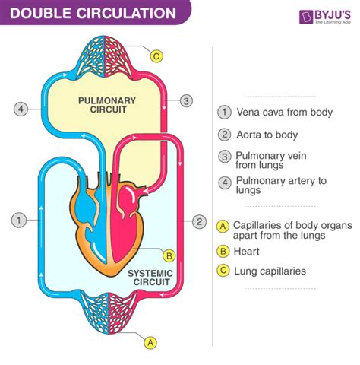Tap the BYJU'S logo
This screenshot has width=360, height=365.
pos(325,17)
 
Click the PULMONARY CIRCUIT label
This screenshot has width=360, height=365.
pos(107,104)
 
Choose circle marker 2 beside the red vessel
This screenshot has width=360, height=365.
pos(199,221)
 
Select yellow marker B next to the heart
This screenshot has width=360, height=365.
pos(169,255)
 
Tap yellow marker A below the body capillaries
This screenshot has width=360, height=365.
pos(151,342)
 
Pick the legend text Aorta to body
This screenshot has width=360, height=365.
pos(270,135)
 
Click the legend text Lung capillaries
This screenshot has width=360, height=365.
pos(270,270)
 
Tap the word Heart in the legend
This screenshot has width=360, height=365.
pos(247,251)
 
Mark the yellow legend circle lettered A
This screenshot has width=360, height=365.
pos(223,226)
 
